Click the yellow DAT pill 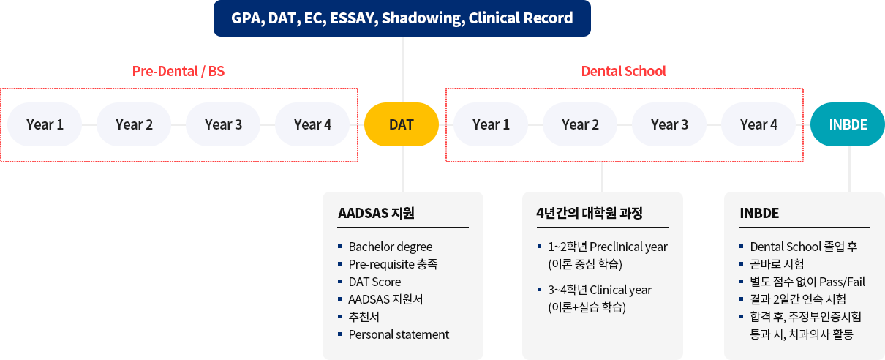[401, 124]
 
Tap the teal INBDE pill [848, 124]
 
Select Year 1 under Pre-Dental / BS [45, 124]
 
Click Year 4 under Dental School [758, 124]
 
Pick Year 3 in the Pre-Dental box [223, 124]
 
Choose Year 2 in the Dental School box [580, 124]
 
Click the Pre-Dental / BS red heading [178, 71]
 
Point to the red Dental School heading [623, 71]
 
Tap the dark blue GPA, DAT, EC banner [402, 18]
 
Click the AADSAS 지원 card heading [376, 213]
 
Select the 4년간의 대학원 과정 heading [590, 213]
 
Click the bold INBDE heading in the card [759, 213]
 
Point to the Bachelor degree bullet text [391, 247]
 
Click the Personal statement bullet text [399, 334]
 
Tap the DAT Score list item [374, 282]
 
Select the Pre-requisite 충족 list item [393, 264]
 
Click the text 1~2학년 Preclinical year [608, 247]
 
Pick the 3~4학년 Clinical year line [600, 290]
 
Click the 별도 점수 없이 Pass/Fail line [807, 282]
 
